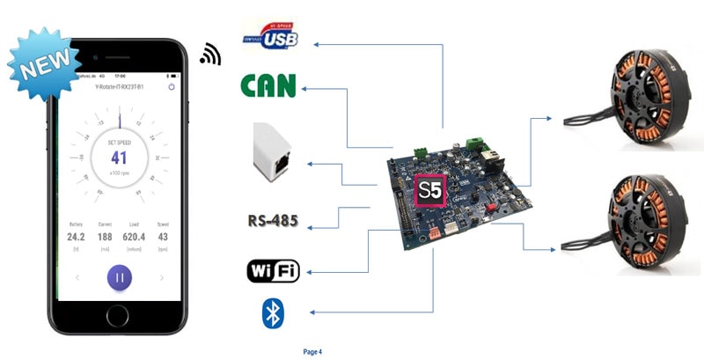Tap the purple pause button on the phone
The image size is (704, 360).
(x=120, y=278)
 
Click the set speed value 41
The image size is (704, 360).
(x=119, y=158)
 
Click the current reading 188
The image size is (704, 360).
(x=104, y=237)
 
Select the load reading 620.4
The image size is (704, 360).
(x=135, y=237)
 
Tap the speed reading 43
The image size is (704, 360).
(x=163, y=237)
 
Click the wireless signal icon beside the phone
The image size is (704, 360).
(x=209, y=55)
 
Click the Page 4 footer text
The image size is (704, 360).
(x=312, y=352)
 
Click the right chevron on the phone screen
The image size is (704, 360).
(x=162, y=278)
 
